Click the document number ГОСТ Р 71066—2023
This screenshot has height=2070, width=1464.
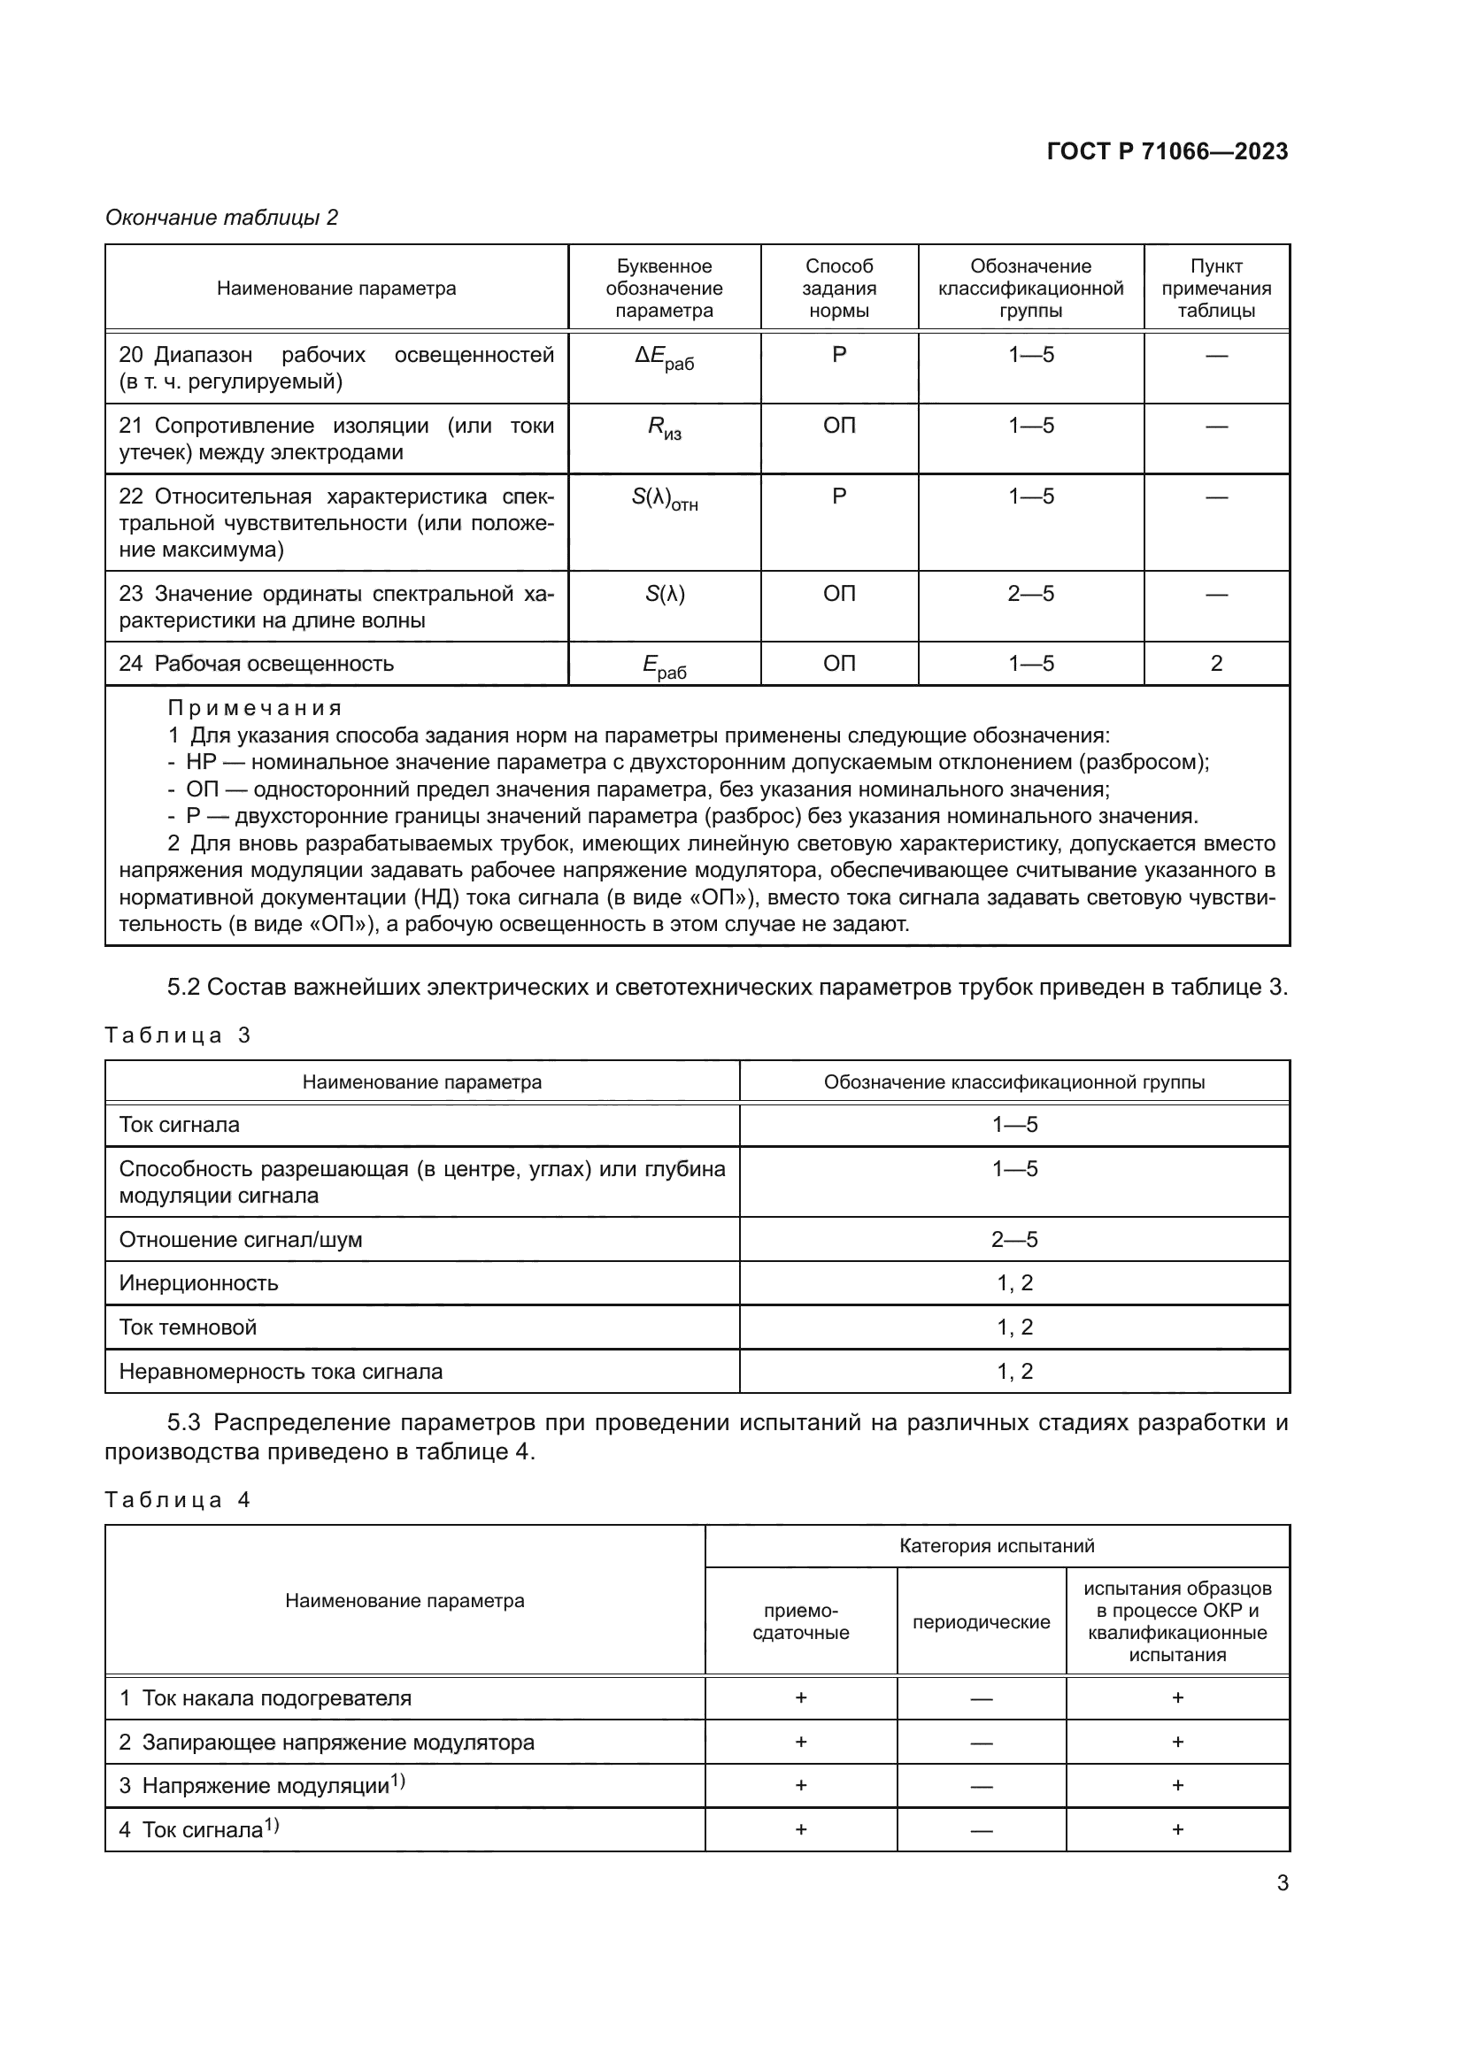[1167, 151]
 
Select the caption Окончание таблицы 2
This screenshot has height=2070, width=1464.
[222, 218]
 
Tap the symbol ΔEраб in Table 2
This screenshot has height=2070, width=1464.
[665, 358]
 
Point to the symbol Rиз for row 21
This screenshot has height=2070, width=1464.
[665, 428]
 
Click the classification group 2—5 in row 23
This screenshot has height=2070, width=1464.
[1030, 594]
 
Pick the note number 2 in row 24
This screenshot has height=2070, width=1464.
[1216, 664]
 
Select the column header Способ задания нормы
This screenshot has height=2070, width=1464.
[838, 289]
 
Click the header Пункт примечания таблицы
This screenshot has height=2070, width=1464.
[1216, 289]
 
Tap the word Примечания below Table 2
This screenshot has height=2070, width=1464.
[254, 708]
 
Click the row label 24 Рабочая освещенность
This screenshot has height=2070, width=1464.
[257, 664]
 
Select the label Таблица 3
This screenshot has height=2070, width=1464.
[178, 1035]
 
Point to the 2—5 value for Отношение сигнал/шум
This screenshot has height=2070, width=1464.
[1014, 1240]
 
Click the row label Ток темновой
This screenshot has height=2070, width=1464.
[189, 1327]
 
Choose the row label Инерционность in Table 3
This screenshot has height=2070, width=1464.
[199, 1283]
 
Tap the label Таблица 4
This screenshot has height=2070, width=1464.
[178, 1500]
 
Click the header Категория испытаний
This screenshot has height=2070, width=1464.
[996, 1546]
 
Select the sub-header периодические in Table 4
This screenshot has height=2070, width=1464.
[981, 1623]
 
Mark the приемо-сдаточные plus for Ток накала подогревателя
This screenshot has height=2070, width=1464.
[800, 1698]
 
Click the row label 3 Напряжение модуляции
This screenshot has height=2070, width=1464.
[262, 1786]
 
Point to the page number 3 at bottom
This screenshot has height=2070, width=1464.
[1282, 1883]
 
